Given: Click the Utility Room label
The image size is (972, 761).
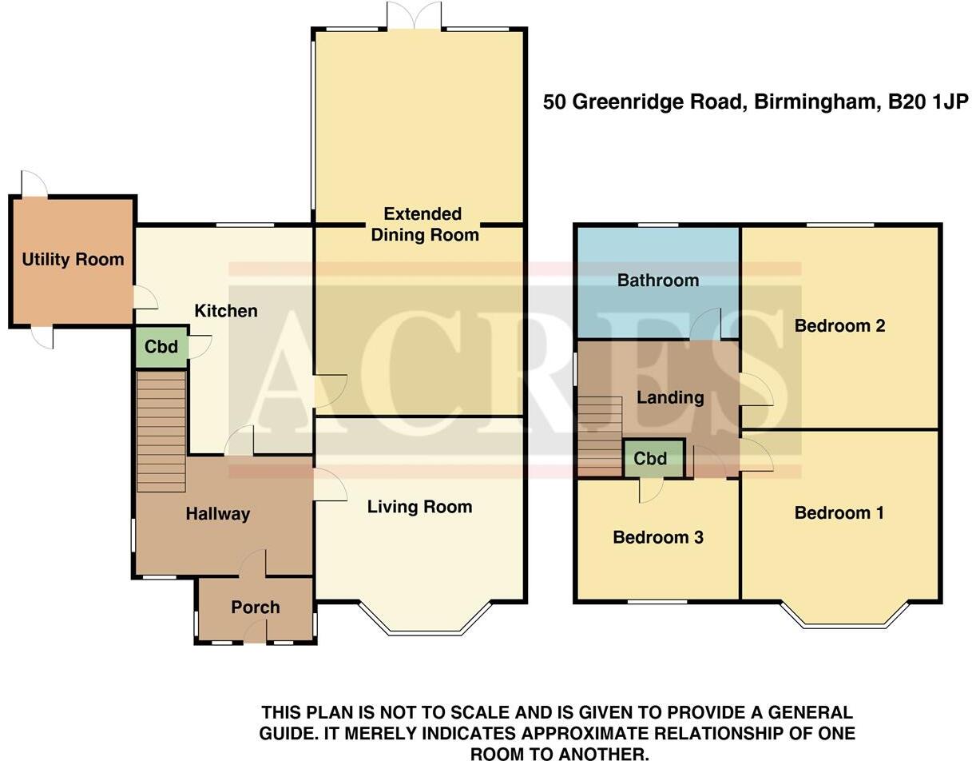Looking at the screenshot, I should click(x=73, y=259).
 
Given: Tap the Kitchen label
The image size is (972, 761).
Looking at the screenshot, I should click(x=226, y=310).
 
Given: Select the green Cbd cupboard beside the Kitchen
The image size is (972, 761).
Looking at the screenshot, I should click(x=161, y=348).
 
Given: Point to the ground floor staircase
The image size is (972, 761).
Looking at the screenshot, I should click(x=161, y=432).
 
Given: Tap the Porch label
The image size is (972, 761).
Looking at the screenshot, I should click(x=256, y=607).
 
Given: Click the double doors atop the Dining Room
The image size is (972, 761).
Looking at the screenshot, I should click(x=414, y=16).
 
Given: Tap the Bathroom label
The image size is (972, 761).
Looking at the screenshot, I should click(x=658, y=280).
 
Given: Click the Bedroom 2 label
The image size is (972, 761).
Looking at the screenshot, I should click(x=839, y=325).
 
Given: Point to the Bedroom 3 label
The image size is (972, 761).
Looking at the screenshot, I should click(x=658, y=537).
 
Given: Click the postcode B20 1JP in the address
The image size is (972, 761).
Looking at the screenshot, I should click(x=928, y=102).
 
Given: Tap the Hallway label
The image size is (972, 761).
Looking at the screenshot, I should click(x=218, y=514).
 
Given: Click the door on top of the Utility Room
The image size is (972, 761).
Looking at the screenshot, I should click(x=34, y=184).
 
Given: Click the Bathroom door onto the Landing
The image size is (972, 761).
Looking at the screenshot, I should click(x=707, y=326).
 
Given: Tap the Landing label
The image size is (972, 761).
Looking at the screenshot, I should click(x=670, y=397).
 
